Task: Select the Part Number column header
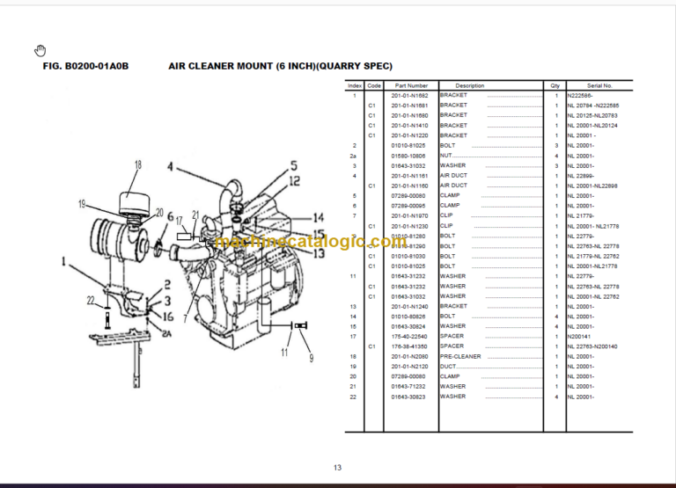pos(411,85)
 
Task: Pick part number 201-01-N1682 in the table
pos(410,95)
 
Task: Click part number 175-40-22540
pos(410,336)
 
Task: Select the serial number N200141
pos(581,336)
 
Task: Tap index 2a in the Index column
pos(354,155)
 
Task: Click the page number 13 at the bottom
pos(337,467)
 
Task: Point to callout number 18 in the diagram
pos(137,164)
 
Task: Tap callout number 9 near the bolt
pos(310,358)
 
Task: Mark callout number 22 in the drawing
pos(90,302)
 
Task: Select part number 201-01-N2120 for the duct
pos(410,366)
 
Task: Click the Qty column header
pos(555,85)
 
